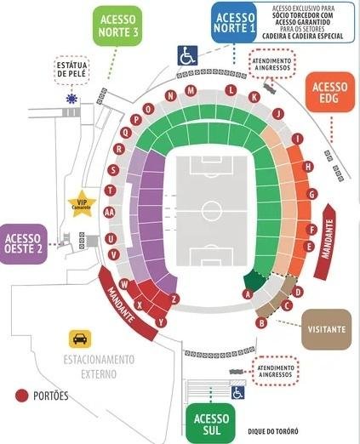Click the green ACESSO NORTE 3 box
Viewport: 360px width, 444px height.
(119, 26)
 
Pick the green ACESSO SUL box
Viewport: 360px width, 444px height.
(211, 423)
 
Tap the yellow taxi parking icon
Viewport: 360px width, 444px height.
(80, 339)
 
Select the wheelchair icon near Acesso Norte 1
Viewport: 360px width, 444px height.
(187, 55)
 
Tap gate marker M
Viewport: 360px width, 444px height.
(192, 91)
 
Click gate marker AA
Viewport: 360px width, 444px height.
(109, 212)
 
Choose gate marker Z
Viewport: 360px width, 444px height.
(174, 299)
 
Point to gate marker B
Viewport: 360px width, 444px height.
(261, 322)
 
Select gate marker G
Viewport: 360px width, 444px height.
(312, 194)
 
